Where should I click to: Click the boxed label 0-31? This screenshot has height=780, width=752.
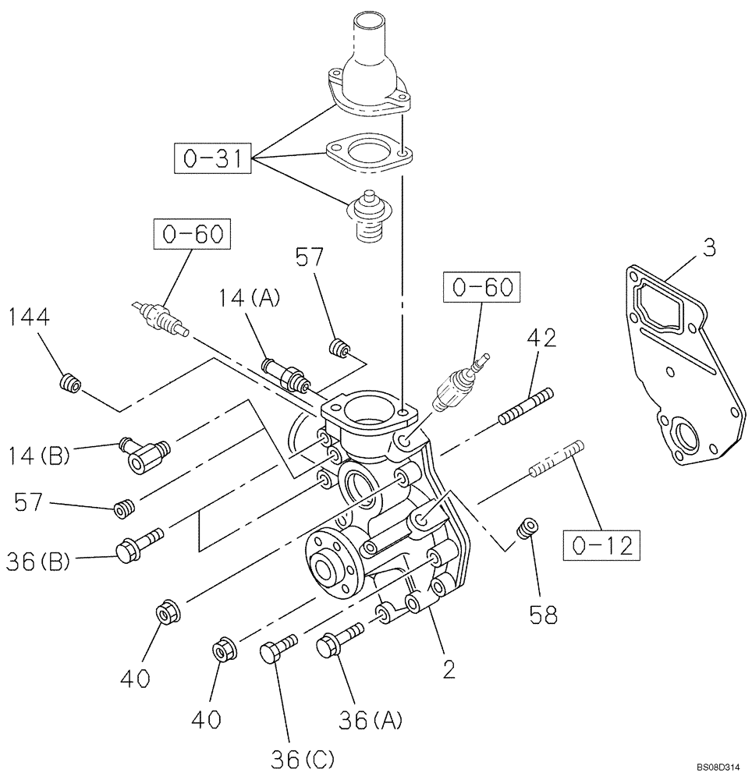pyautogui.click(x=213, y=161)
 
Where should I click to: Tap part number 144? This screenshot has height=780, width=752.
pyautogui.click(x=30, y=317)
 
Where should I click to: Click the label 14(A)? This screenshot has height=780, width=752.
pyautogui.click(x=250, y=298)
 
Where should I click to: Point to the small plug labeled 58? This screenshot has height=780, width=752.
pyautogui.click(x=530, y=528)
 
